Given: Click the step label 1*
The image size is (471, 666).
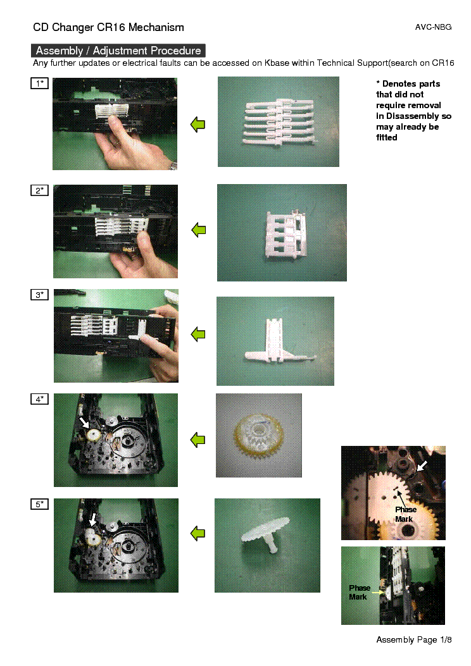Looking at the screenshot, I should (x=40, y=83).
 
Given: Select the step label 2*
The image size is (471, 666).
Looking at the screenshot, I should (x=40, y=190).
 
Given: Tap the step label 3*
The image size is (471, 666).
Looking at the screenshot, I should (x=40, y=295).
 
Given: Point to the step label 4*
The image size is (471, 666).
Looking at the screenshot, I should (x=40, y=399).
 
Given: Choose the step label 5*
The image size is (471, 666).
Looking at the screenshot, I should (x=40, y=504).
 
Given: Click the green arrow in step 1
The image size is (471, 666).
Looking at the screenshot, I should (x=199, y=125).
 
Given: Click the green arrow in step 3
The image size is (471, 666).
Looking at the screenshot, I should (x=199, y=334).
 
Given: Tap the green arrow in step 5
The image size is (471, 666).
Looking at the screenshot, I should (x=199, y=534).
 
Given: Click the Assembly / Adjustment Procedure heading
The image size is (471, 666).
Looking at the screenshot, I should (x=118, y=51).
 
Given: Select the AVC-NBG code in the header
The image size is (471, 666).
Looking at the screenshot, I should (x=433, y=28).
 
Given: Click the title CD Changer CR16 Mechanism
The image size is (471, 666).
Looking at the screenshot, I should (x=109, y=27).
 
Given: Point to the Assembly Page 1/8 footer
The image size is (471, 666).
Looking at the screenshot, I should (x=414, y=639).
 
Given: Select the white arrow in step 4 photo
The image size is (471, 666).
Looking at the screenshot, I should (x=84, y=421).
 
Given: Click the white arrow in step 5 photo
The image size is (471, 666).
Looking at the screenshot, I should (x=92, y=519).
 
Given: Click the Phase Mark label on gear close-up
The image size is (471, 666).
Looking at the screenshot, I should (x=405, y=514).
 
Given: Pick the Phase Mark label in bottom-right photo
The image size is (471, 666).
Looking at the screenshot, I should (x=359, y=592).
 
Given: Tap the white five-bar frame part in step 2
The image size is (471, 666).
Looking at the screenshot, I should (x=282, y=232).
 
